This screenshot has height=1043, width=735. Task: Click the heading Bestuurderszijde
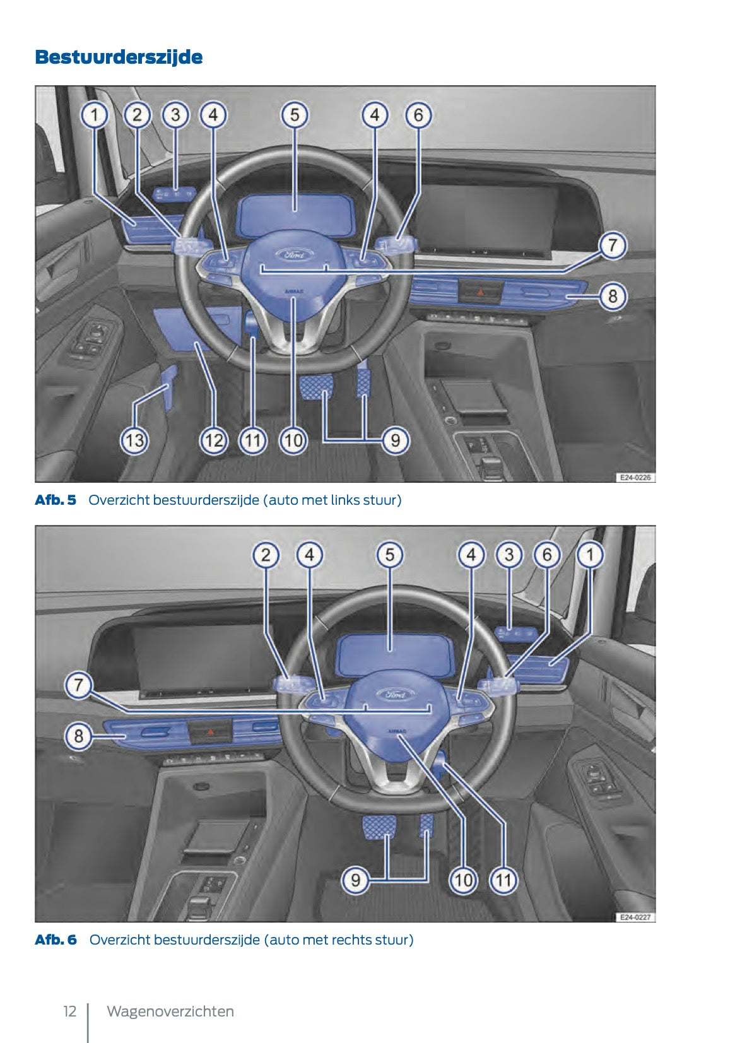pyautogui.click(x=119, y=57)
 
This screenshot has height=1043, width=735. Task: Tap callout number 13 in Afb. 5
pyautogui.click(x=134, y=440)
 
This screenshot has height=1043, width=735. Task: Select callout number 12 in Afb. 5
pyautogui.click(x=213, y=440)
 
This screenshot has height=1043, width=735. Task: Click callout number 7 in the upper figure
pyautogui.click(x=612, y=245)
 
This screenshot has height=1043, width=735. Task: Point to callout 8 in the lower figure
pyautogui.click(x=78, y=736)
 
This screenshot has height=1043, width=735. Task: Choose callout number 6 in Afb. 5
pyautogui.click(x=418, y=115)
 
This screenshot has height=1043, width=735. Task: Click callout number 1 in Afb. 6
pyautogui.click(x=590, y=555)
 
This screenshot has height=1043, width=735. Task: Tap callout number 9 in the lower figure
pyautogui.click(x=356, y=880)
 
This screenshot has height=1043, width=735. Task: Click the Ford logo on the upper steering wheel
pyautogui.click(x=295, y=254)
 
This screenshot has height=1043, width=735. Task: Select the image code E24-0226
pyautogui.click(x=634, y=478)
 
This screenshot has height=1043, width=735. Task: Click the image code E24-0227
pyautogui.click(x=634, y=917)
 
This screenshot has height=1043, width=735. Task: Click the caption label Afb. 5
pyautogui.click(x=56, y=500)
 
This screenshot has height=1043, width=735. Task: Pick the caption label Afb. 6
pyautogui.click(x=56, y=940)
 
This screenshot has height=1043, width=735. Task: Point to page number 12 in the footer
pyautogui.click(x=69, y=1011)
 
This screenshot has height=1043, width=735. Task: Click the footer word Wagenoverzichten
pyautogui.click(x=170, y=1011)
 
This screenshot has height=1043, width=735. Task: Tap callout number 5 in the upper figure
pyautogui.click(x=295, y=115)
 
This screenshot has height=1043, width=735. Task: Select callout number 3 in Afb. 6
pyautogui.click(x=509, y=555)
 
